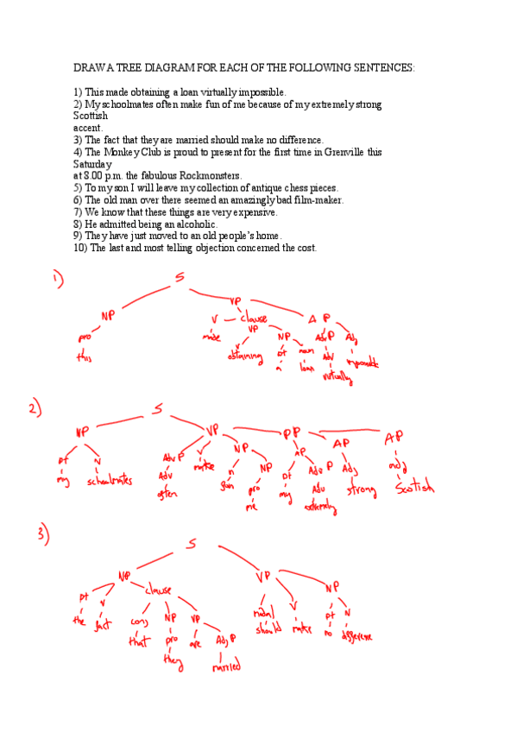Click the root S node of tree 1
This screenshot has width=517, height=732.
click(x=180, y=278)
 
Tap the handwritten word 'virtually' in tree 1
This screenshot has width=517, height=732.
click(x=332, y=375)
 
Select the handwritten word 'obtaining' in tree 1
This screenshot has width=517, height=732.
click(x=245, y=357)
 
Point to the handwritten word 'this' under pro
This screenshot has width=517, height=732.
click(x=84, y=357)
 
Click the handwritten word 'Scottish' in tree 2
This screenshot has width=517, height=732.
click(x=415, y=489)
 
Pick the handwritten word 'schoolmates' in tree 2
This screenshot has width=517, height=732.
click(x=110, y=481)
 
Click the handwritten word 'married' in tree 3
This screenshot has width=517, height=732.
click(x=226, y=666)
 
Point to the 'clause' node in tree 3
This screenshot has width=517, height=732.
click(x=159, y=590)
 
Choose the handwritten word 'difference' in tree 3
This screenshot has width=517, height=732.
click(x=356, y=636)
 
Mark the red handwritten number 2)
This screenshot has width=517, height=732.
click(x=35, y=410)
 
